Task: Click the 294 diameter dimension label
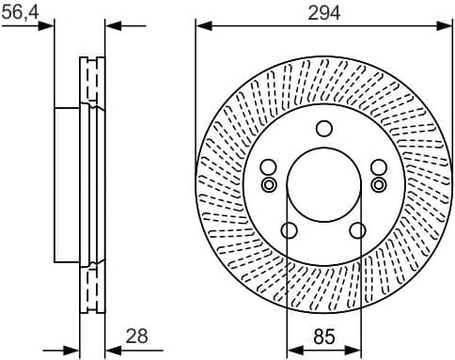click(x=322, y=12)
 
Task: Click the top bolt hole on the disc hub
click(x=323, y=129)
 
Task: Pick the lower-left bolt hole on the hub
click(x=289, y=230)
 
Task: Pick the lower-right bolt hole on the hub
click(x=357, y=230)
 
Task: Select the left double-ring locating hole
click(x=269, y=184)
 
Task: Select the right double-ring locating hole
click(x=378, y=184)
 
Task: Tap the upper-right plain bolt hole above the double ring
click(x=378, y=167)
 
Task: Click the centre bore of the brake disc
click(x=323, y=182)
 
